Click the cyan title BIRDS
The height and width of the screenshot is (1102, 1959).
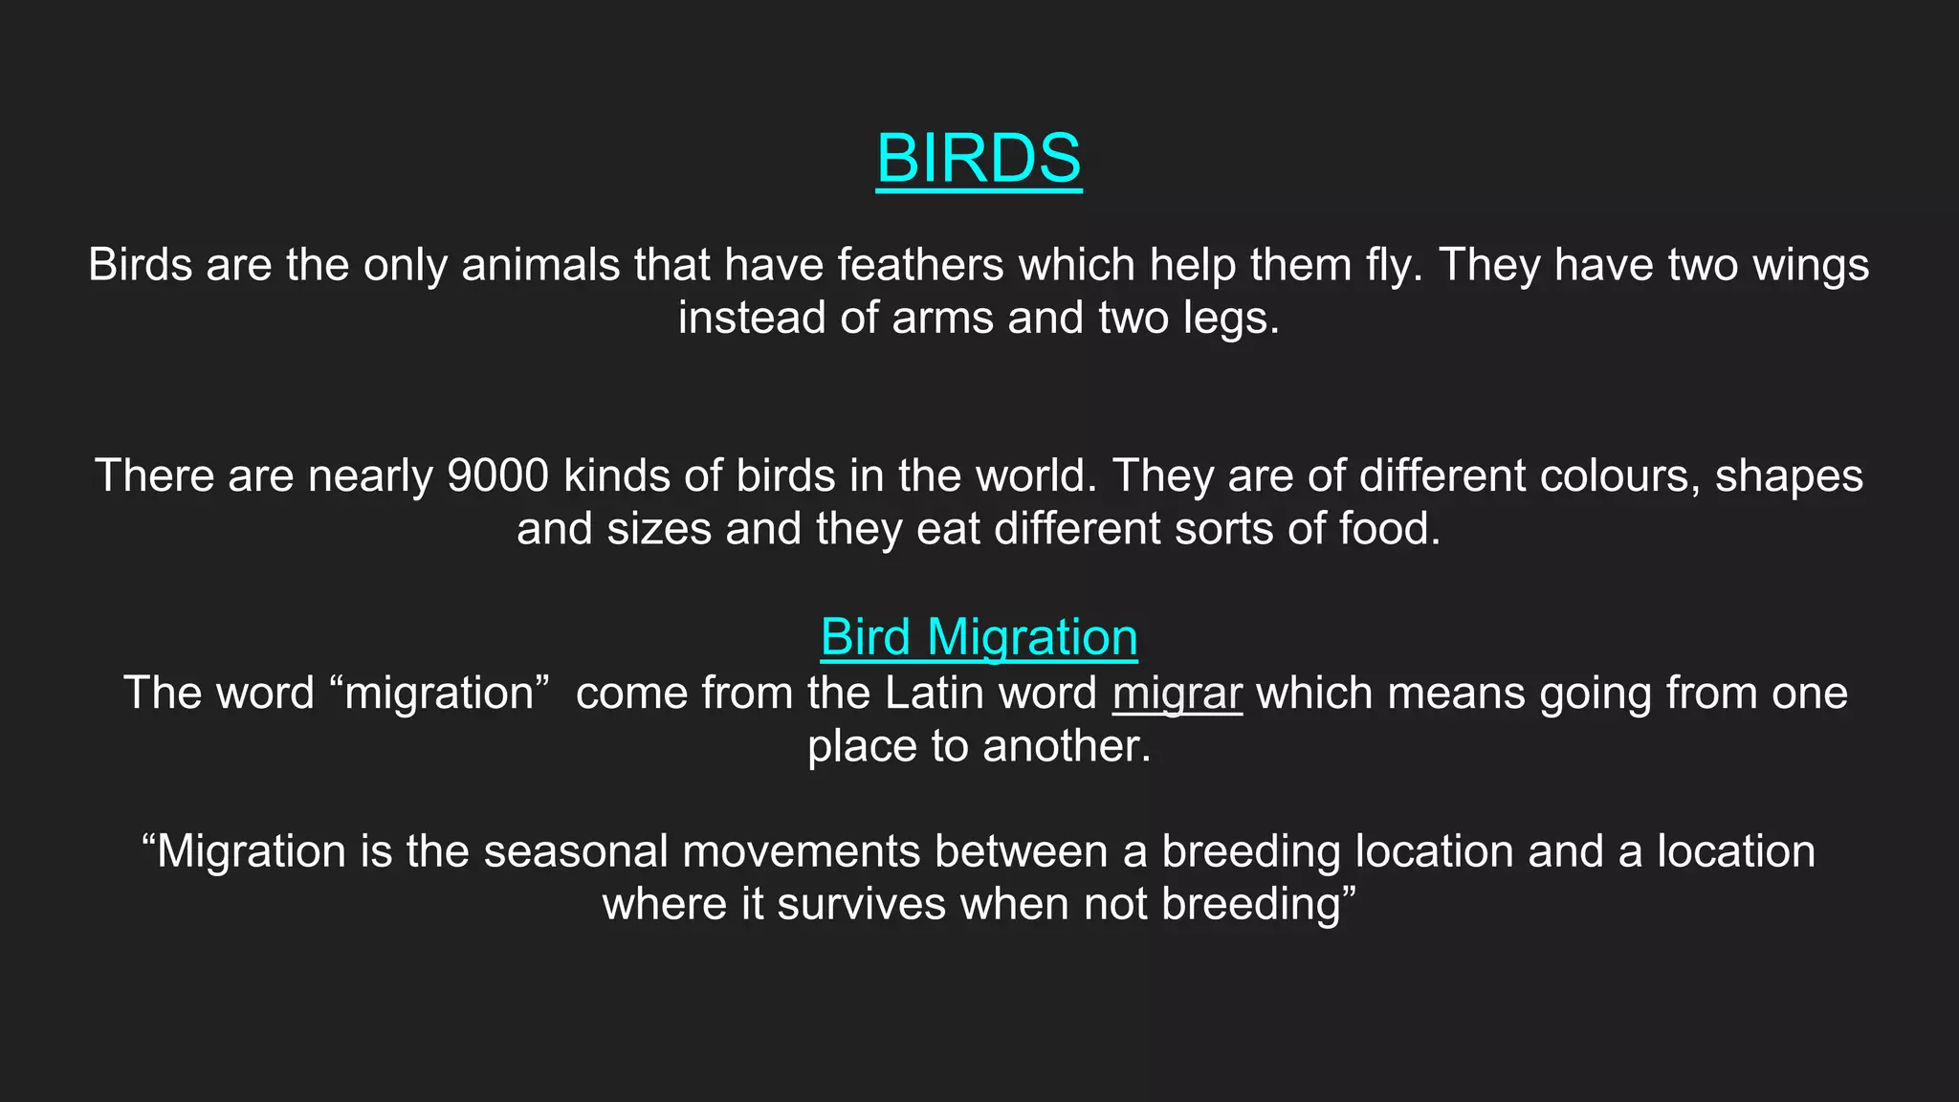click(979, 158)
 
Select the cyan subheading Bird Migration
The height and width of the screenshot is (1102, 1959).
click(979, 637)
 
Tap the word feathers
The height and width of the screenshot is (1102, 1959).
click(920, 265)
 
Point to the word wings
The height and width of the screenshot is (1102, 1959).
click(1810, 265)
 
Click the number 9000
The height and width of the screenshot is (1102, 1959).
click(497, 476)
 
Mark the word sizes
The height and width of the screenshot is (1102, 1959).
click(659, 529)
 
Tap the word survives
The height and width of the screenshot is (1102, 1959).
click(861, 904)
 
